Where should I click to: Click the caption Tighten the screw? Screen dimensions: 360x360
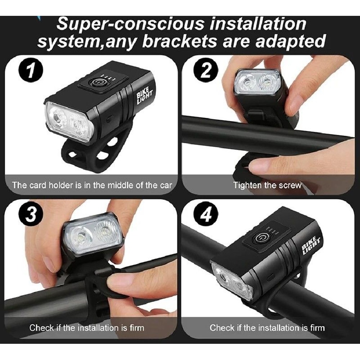click(267, 186)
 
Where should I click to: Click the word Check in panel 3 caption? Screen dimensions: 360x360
click(41, 328)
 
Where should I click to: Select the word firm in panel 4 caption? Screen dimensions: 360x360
click(316, 328)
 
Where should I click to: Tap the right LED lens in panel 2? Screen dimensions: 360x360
click(267, 82)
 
